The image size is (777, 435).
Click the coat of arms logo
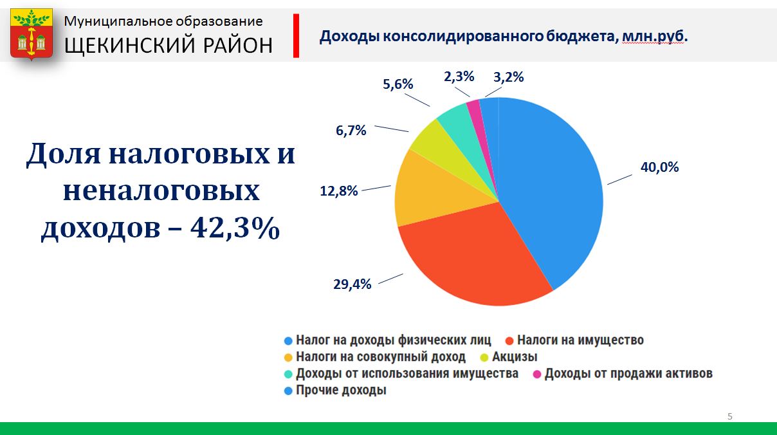(x=32, y=34)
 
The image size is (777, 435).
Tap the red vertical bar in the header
(x=296, y=35)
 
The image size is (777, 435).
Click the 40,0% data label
(x=659, y=167)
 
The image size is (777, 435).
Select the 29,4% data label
(x=352, y=284)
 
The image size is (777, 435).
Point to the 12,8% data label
(x=338, y=190)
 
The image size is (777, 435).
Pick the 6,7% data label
(x=351, y=131)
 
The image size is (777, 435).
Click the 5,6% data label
(x=398, y=84)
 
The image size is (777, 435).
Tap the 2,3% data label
(x=459, y=77)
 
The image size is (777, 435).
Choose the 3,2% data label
(x=509, y=77)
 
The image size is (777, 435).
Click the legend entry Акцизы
(x=509, y=356)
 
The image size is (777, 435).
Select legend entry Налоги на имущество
(x=575, y=340)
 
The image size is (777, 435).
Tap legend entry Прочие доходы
(x=335, y=390)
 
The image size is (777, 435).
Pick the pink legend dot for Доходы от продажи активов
(x=537, y=375)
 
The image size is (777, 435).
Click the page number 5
(x=730, y=416)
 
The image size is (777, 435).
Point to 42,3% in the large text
(x=235, y=228)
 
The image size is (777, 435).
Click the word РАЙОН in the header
(x=237, y=46)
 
